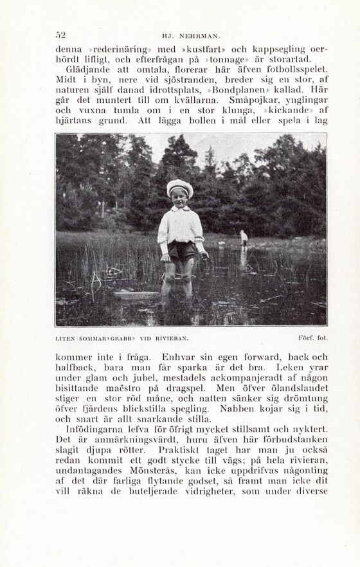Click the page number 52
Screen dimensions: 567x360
pos(61,35)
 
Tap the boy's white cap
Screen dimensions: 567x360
pos(179,188)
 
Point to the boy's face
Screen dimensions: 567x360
pos(179,198)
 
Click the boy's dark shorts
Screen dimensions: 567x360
pos(182,249)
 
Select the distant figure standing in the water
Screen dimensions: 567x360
pos(244,239)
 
